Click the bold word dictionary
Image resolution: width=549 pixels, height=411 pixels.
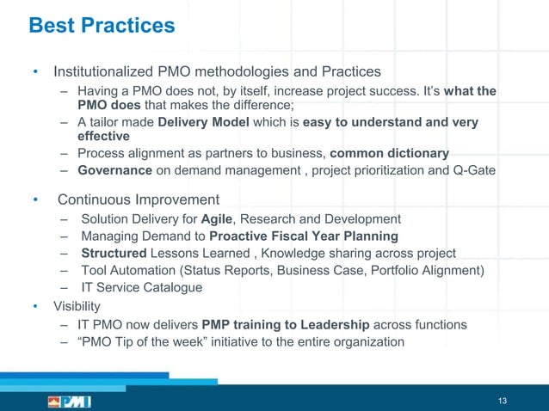click(417, 153)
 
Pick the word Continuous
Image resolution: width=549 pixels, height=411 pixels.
click(94, 200)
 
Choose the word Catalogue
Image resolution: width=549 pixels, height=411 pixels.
click(172, 287)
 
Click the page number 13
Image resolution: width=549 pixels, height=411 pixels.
click(503, 401)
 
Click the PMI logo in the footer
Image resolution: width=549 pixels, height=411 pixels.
click(69, 402)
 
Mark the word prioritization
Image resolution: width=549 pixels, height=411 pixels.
click(379, 169)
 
